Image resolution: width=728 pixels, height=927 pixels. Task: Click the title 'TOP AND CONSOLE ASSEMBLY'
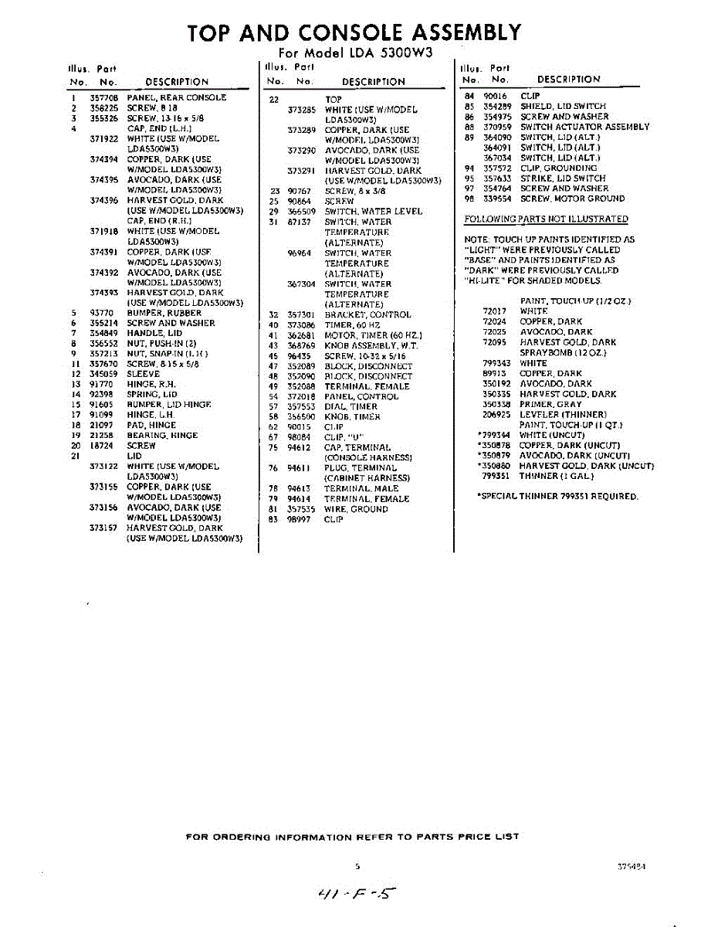tap(354, 32)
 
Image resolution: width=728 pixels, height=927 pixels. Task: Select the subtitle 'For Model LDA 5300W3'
tap(355, 53)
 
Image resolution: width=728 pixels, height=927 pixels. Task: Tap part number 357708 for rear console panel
tap(103, 98)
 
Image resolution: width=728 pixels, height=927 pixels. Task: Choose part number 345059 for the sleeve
tap(103, 374)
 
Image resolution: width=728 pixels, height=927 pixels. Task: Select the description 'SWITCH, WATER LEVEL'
tap(373, 212)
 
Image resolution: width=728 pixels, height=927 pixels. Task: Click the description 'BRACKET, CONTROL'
tap(367, 315)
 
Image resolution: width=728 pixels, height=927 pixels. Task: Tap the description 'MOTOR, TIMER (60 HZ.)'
tap(371, 335)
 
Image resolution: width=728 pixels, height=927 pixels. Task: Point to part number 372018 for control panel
tap(301, 396)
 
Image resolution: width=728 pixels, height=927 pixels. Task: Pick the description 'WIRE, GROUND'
tap(356, 510)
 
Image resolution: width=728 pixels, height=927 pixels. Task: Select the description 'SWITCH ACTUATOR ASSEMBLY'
tap(584, 127)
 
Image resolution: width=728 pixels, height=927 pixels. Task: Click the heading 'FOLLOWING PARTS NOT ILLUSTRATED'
tap(546, 219)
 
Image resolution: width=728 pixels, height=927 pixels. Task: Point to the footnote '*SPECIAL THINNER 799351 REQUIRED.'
tap(558, 497)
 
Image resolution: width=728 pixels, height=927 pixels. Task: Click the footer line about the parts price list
tap(353, 837)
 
